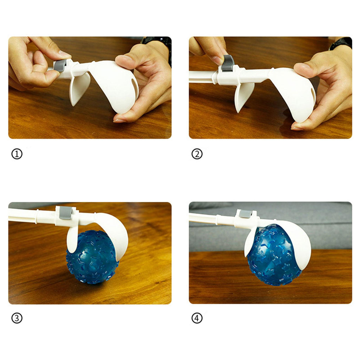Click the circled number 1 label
click(17, 154)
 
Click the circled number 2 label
click(197, 154)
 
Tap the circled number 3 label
click(17, 318)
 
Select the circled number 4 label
click(197, 318)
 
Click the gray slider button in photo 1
click(59, 65)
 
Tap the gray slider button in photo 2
click(229, 63)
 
